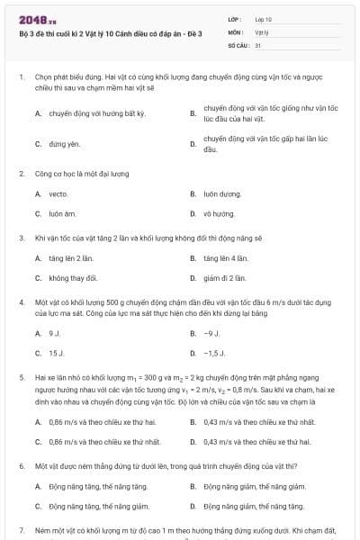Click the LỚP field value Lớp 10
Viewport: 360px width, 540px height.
click(264, 18)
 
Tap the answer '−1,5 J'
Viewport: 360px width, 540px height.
click(214, 354)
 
